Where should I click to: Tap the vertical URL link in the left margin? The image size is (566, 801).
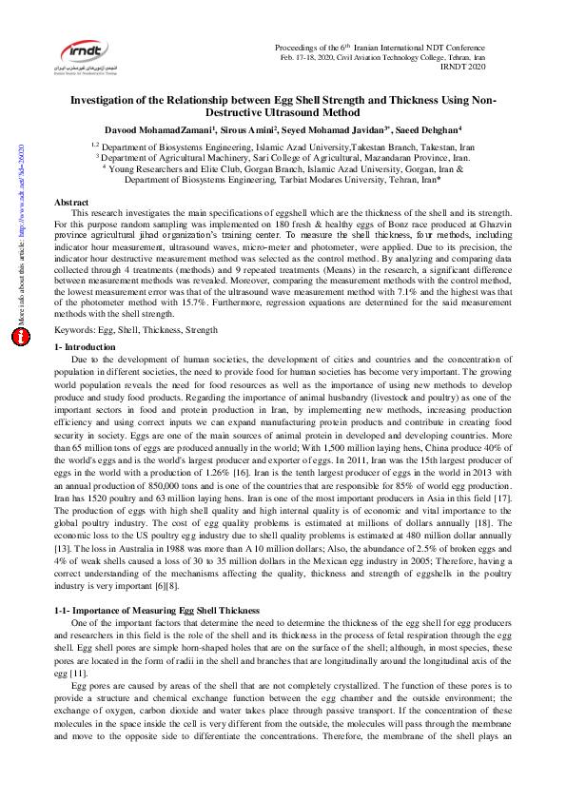pos(19,190)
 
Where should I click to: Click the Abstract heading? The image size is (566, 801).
pos(71,203)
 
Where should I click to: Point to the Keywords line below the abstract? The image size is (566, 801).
pos(136,329)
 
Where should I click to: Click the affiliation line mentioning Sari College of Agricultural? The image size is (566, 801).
pos(283,159)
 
